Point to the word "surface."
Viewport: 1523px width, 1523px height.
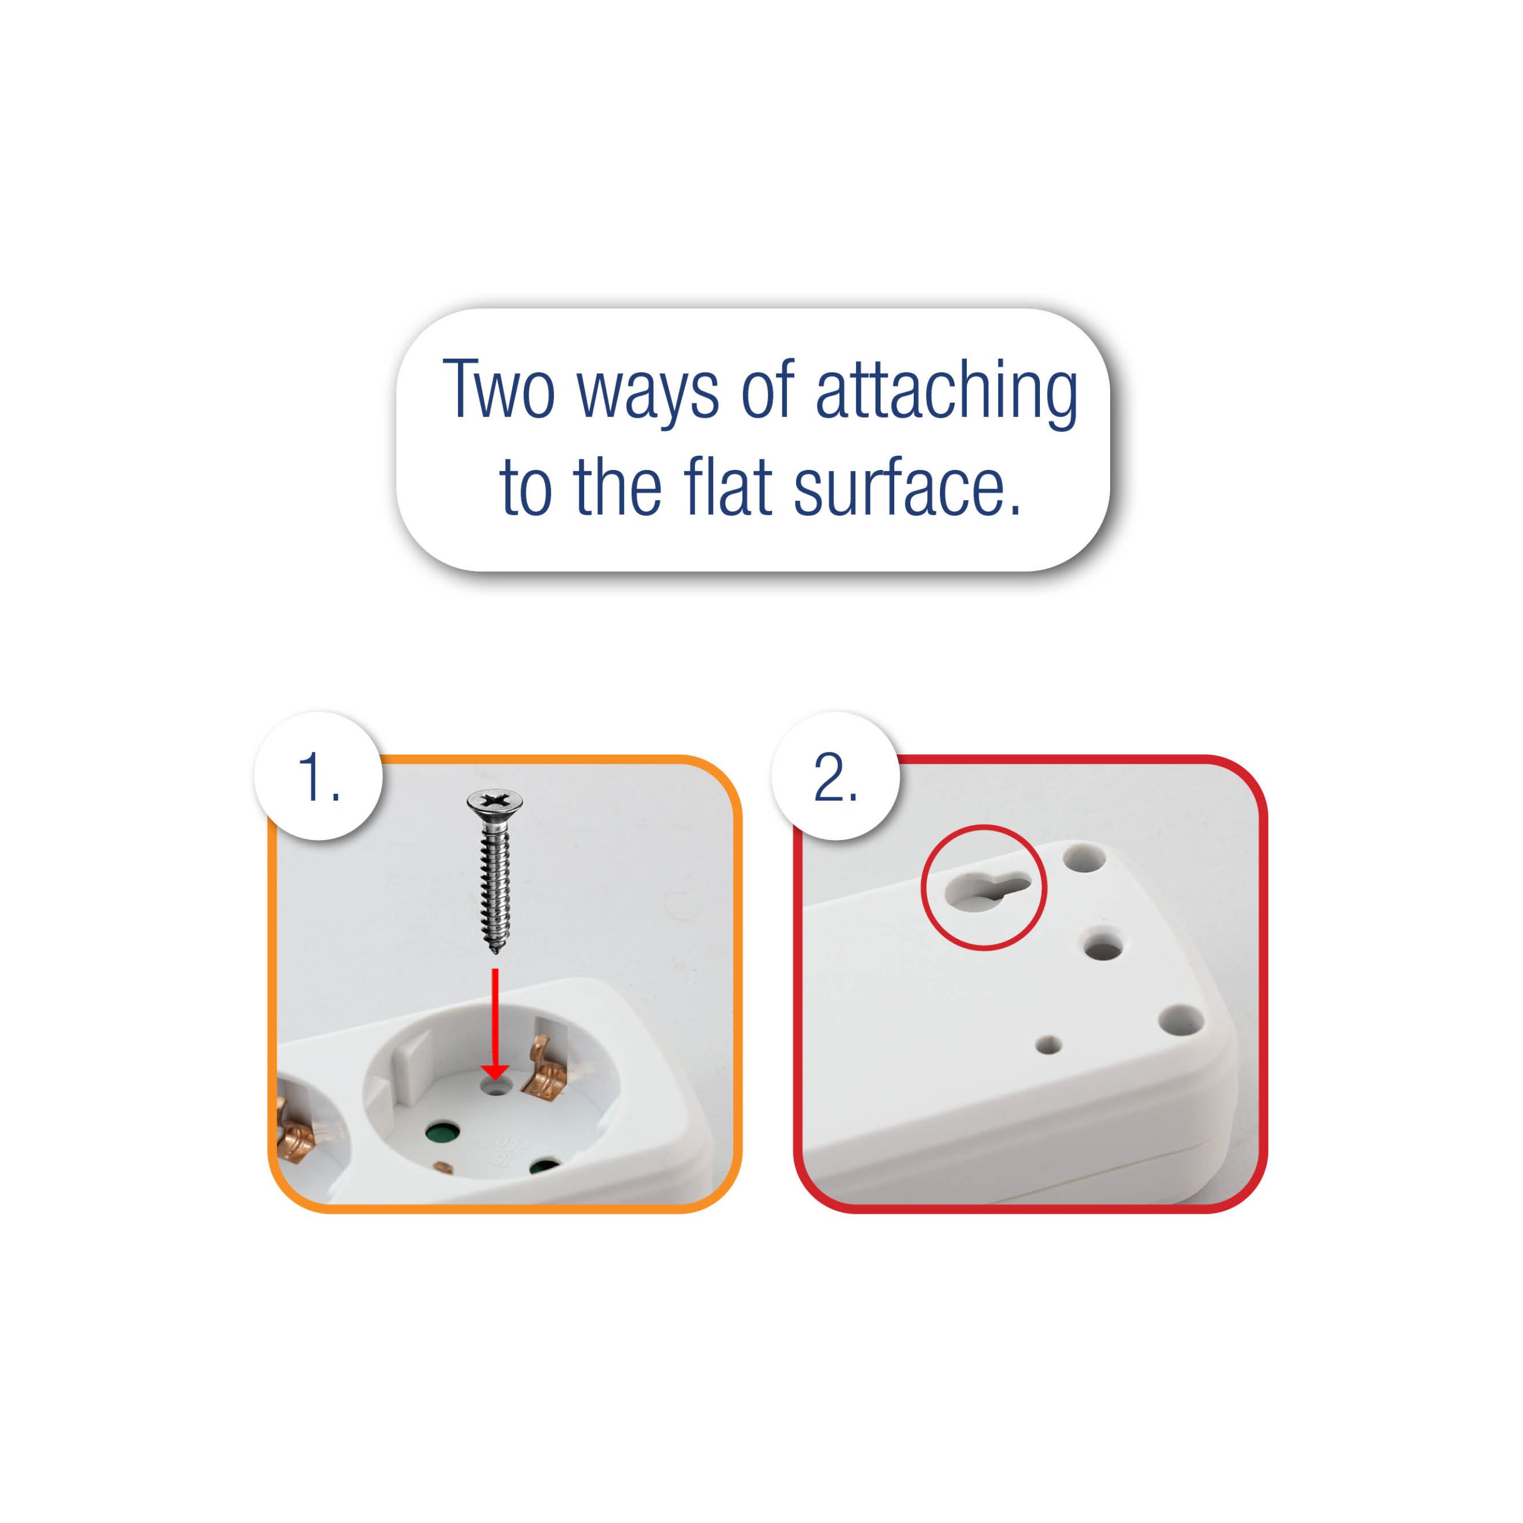pos(907,489)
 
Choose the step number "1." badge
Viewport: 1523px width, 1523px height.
pos(318,776)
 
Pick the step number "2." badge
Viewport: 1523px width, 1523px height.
pos(836,776)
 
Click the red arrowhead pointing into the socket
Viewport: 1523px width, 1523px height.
pos(494,1069)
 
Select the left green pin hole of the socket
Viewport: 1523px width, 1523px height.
pos(441,1135)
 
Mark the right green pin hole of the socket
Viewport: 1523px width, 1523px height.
pos(544,1167)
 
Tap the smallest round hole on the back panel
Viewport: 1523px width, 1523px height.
pos(1048,1046)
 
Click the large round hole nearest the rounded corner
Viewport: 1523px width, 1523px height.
pos(1181,1021)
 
